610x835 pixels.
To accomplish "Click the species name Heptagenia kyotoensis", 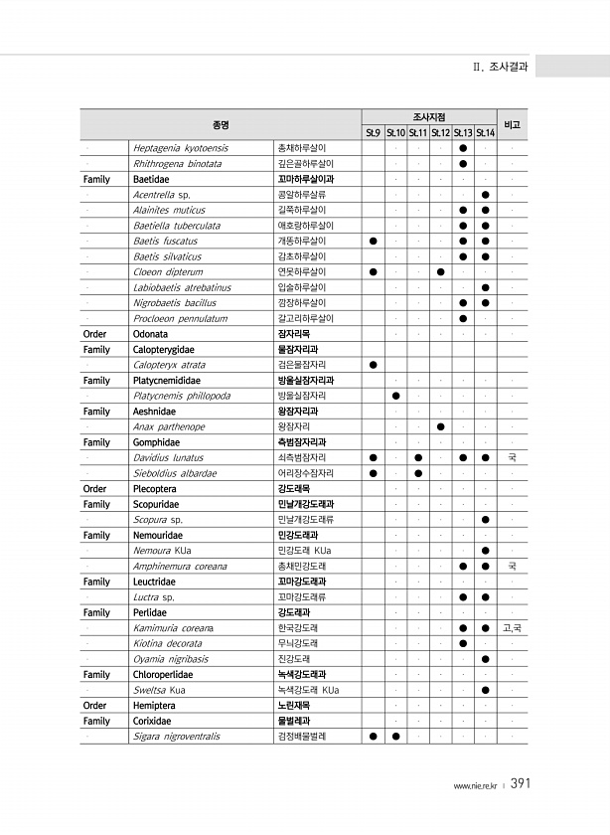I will click(180, 148).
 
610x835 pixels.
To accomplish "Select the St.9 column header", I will click(373, 132).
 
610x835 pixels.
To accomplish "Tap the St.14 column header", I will click(485, 132).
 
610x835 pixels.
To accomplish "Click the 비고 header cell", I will click(513, 124).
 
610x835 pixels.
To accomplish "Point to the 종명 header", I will click(221, 124).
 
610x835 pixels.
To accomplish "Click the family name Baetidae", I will click(150, 179).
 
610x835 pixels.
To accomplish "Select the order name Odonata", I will click(150, 334).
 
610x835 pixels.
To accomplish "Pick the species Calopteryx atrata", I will click(169, 365).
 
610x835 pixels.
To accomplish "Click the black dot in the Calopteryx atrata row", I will click(373, 365).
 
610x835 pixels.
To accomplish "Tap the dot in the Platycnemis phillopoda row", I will click(395, 396).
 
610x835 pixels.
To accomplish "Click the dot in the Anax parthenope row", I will click(440, 426).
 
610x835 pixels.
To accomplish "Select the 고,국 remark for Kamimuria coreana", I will click(513, 627).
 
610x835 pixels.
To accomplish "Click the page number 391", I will click(521, 784).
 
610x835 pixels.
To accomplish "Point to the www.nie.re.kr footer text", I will click(476, 786).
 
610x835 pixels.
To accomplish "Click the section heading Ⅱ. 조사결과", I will click(501, 68).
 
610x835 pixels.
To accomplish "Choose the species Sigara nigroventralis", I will click(176, 737).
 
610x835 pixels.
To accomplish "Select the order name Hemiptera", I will click(153, 706).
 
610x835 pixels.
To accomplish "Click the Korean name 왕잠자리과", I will click(297, 411).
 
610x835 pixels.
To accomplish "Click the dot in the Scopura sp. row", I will click(485, 519).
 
